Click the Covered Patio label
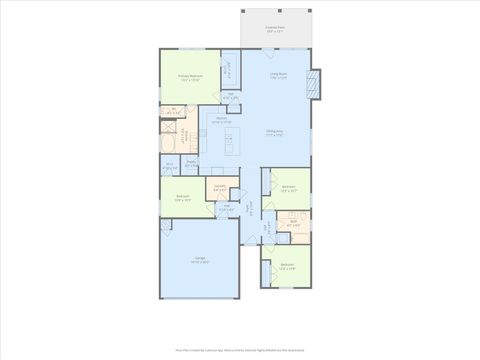273,29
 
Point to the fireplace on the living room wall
316,84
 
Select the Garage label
200,259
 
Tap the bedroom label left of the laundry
182,197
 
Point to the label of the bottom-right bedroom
287,267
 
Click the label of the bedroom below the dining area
288,188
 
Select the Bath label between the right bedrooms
293,224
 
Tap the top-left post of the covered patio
243,13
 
